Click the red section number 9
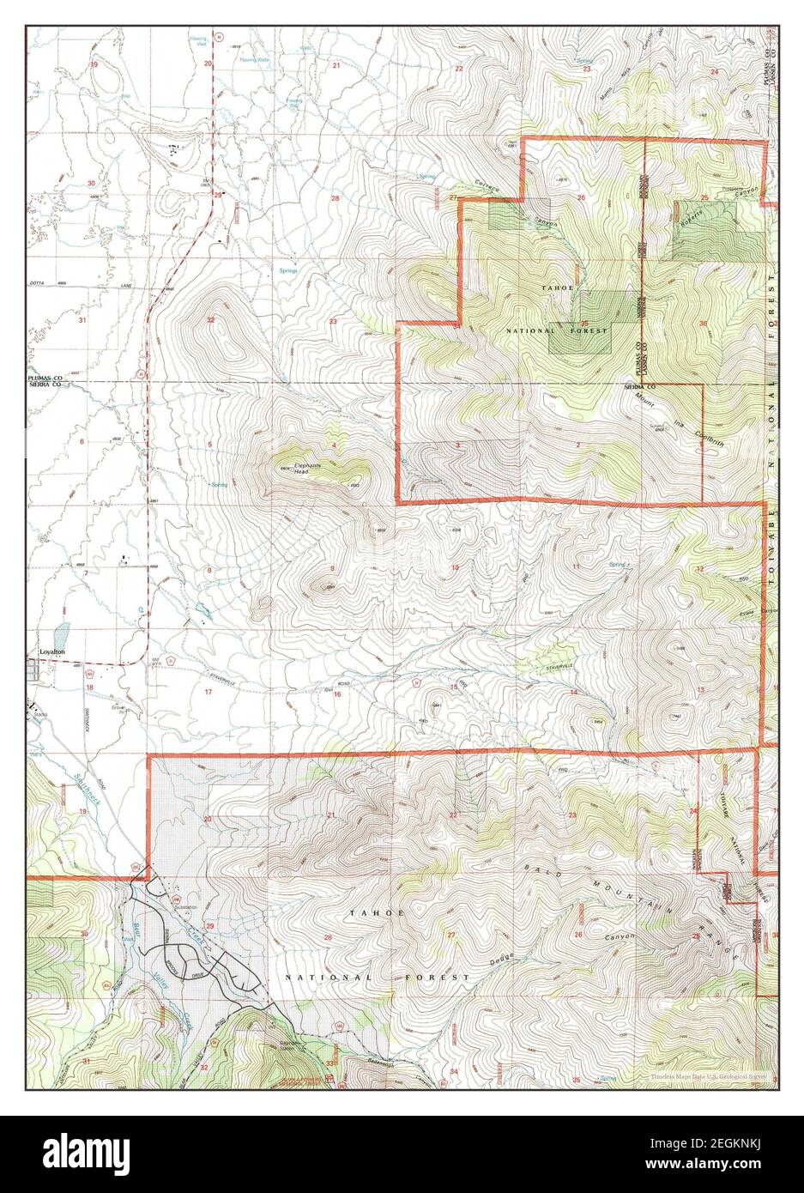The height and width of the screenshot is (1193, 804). (x=331, y=569)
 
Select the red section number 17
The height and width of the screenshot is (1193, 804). (x=208, y=691)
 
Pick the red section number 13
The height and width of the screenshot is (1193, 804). (x=701, y=690)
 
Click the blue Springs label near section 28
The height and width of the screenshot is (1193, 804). (x=288, y=270)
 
